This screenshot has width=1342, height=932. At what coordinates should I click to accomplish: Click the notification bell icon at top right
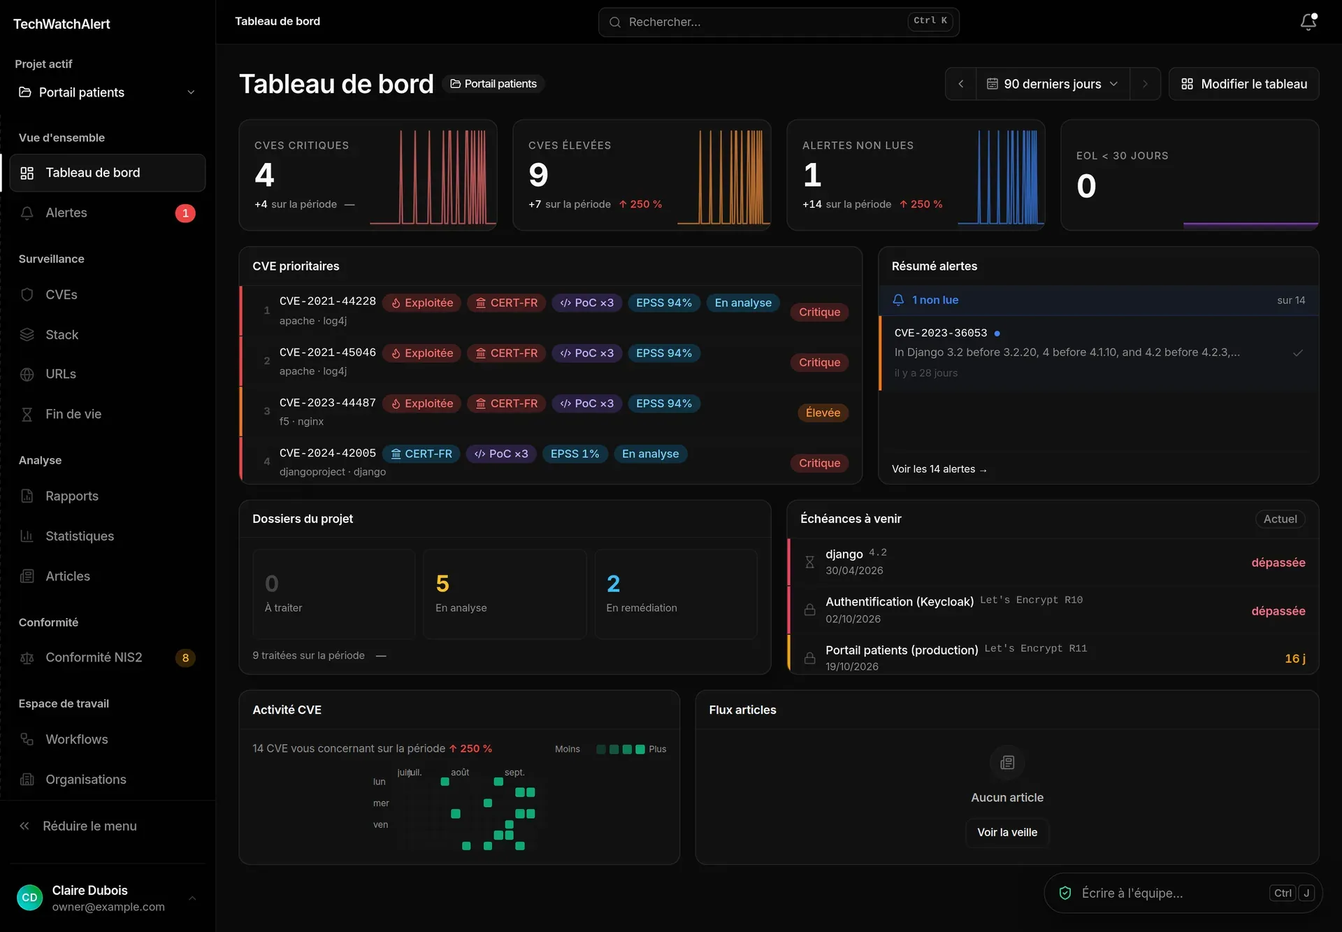(1308, 22)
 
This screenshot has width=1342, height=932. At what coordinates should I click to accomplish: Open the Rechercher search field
(779, 22)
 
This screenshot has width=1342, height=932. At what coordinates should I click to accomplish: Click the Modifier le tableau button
(1244, 84)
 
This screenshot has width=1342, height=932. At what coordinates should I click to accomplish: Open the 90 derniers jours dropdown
(1052, 84)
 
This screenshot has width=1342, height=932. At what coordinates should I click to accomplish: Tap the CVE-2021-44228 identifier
(328, 301)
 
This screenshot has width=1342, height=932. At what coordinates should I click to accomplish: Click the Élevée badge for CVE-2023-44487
(823, 413)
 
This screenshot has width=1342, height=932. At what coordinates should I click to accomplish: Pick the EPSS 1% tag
(575, 454)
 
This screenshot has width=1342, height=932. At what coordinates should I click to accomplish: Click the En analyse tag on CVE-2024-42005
(650, 454)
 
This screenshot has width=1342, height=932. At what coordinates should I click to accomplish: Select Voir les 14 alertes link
(939, 469)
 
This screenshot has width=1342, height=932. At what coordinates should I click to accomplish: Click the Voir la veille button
(1007, 832)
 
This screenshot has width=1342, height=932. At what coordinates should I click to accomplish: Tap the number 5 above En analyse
(442, 584)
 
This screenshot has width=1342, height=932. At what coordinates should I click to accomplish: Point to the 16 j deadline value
(1295, 659)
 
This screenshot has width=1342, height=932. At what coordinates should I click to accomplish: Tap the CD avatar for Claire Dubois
(29, 898)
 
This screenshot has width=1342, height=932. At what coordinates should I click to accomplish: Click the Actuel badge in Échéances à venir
(1280, 519)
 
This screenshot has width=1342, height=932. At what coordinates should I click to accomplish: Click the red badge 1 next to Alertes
(185, 213)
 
